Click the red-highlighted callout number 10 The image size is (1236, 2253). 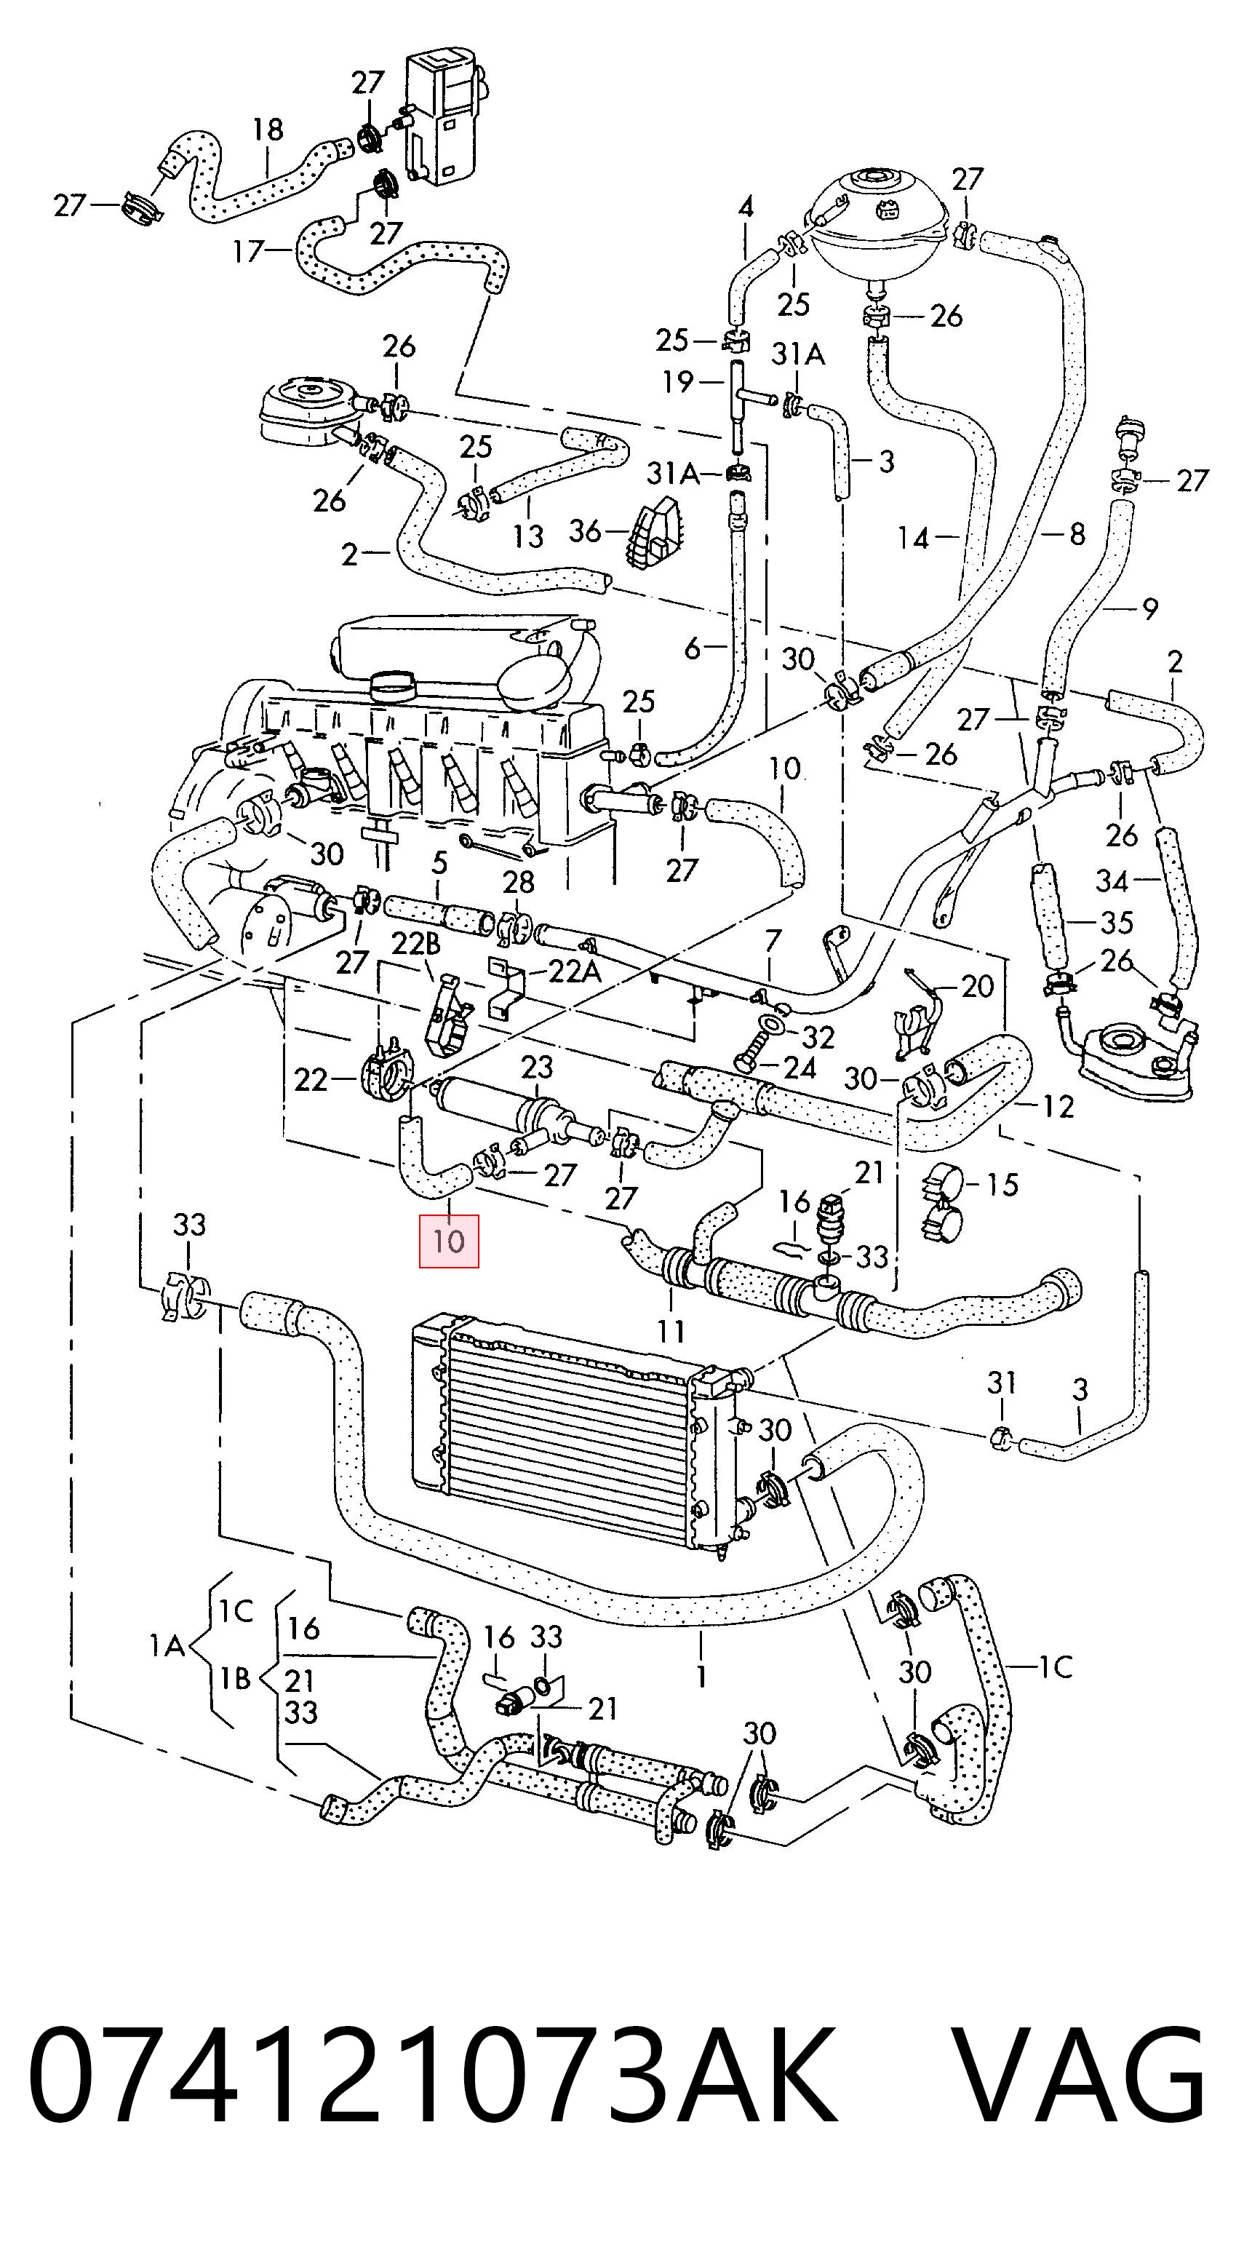pos(450,1241)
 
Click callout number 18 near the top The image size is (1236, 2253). pos(268,130)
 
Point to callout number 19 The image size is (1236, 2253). pos(677,381)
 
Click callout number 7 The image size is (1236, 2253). pos(772,942)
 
